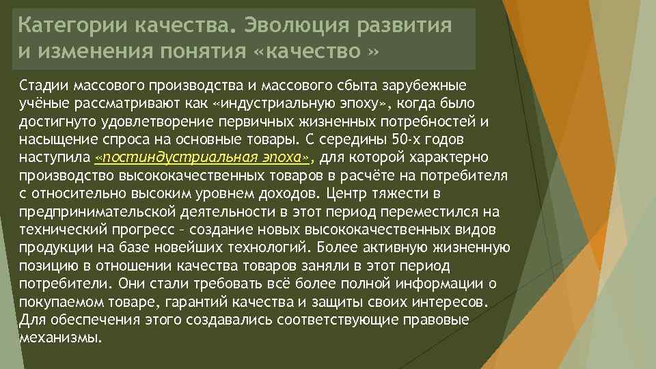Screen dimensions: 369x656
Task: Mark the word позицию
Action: click(x=45, y=264)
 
